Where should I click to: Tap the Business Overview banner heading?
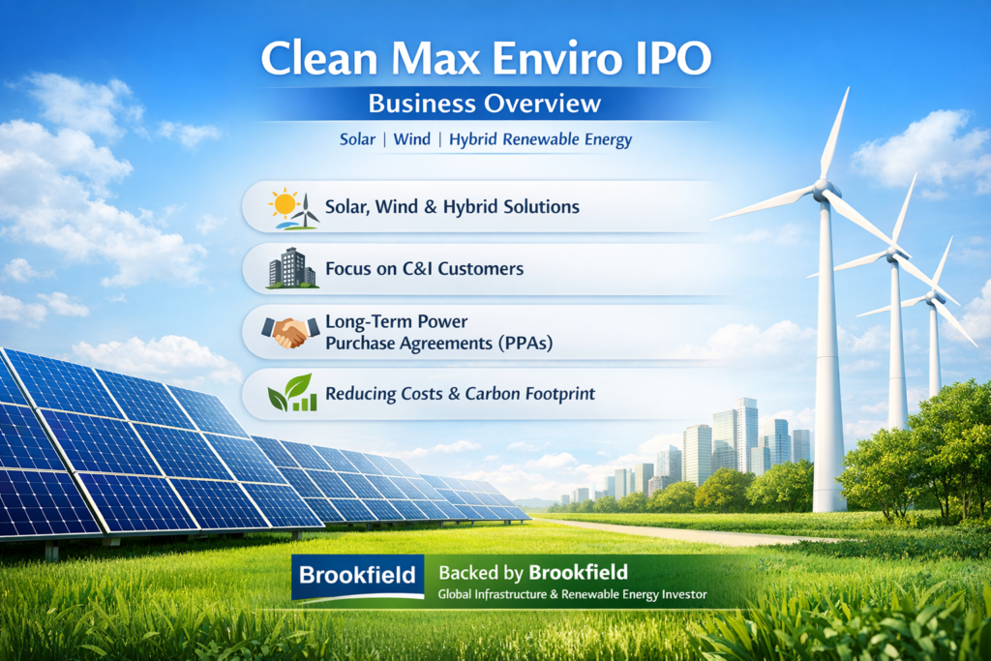click(x=485, y=103)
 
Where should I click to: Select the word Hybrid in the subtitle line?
click(x=481, y=139)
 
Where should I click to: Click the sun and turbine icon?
click(x=294, y=207)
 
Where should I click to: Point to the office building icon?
click(x=292, y=268)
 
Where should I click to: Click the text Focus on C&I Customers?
click(x=425, y=268)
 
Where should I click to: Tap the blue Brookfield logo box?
click(x=358, y=578)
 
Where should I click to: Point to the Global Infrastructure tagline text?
click(x=572, y=594)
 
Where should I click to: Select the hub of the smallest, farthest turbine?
click(x=932, y=296)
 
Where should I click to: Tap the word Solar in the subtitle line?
click(x=357, y=139)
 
